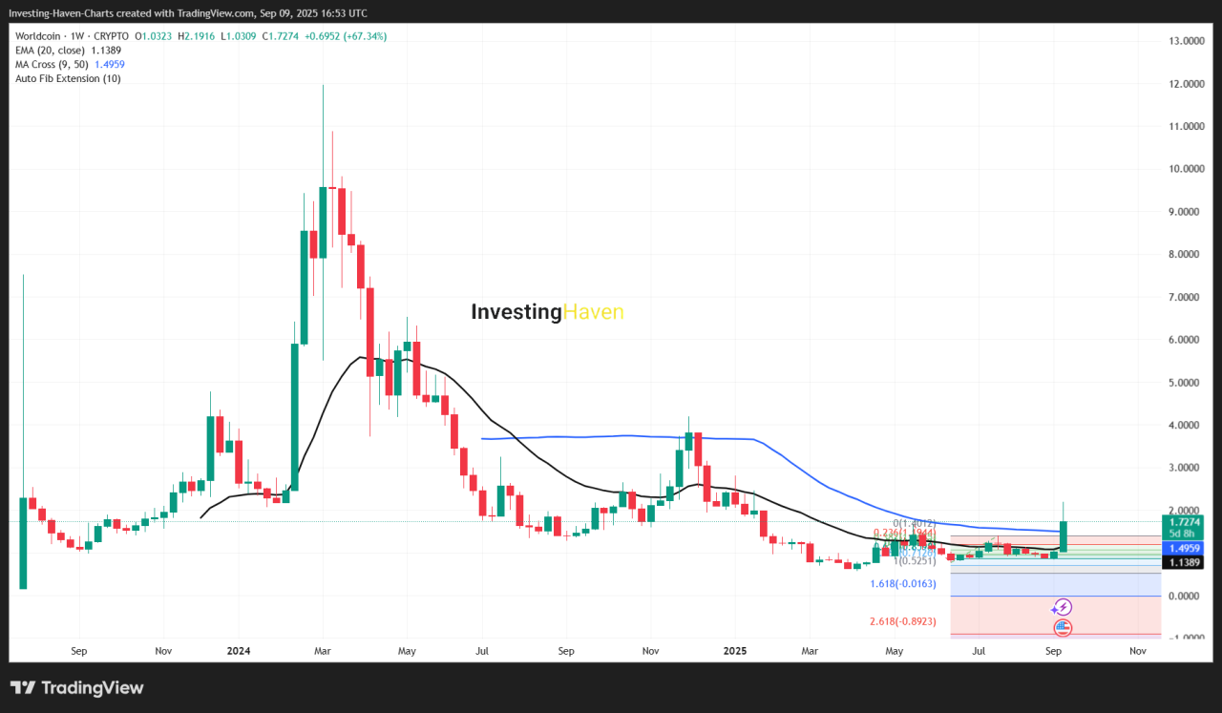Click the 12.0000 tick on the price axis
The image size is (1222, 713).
tap(1184, 84)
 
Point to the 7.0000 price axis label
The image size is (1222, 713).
tap(1184, 297)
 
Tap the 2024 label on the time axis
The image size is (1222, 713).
tap(239, 651)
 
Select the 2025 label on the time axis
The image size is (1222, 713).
tap(734, 651)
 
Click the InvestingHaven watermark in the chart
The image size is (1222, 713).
tap(547, 312)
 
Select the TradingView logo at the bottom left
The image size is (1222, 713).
tap(76, 687)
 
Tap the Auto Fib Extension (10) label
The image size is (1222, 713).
tap(69, 78)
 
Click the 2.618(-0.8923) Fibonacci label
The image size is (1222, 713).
tap(902, 621)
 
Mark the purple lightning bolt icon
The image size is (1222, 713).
tap(1062, 607)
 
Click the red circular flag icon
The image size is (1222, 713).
tap(1063, 628)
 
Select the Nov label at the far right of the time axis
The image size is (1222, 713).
tap(1137, 651)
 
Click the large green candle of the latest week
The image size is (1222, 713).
tap(1063, 536)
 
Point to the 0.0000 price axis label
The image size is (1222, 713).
tap(1184, 596)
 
